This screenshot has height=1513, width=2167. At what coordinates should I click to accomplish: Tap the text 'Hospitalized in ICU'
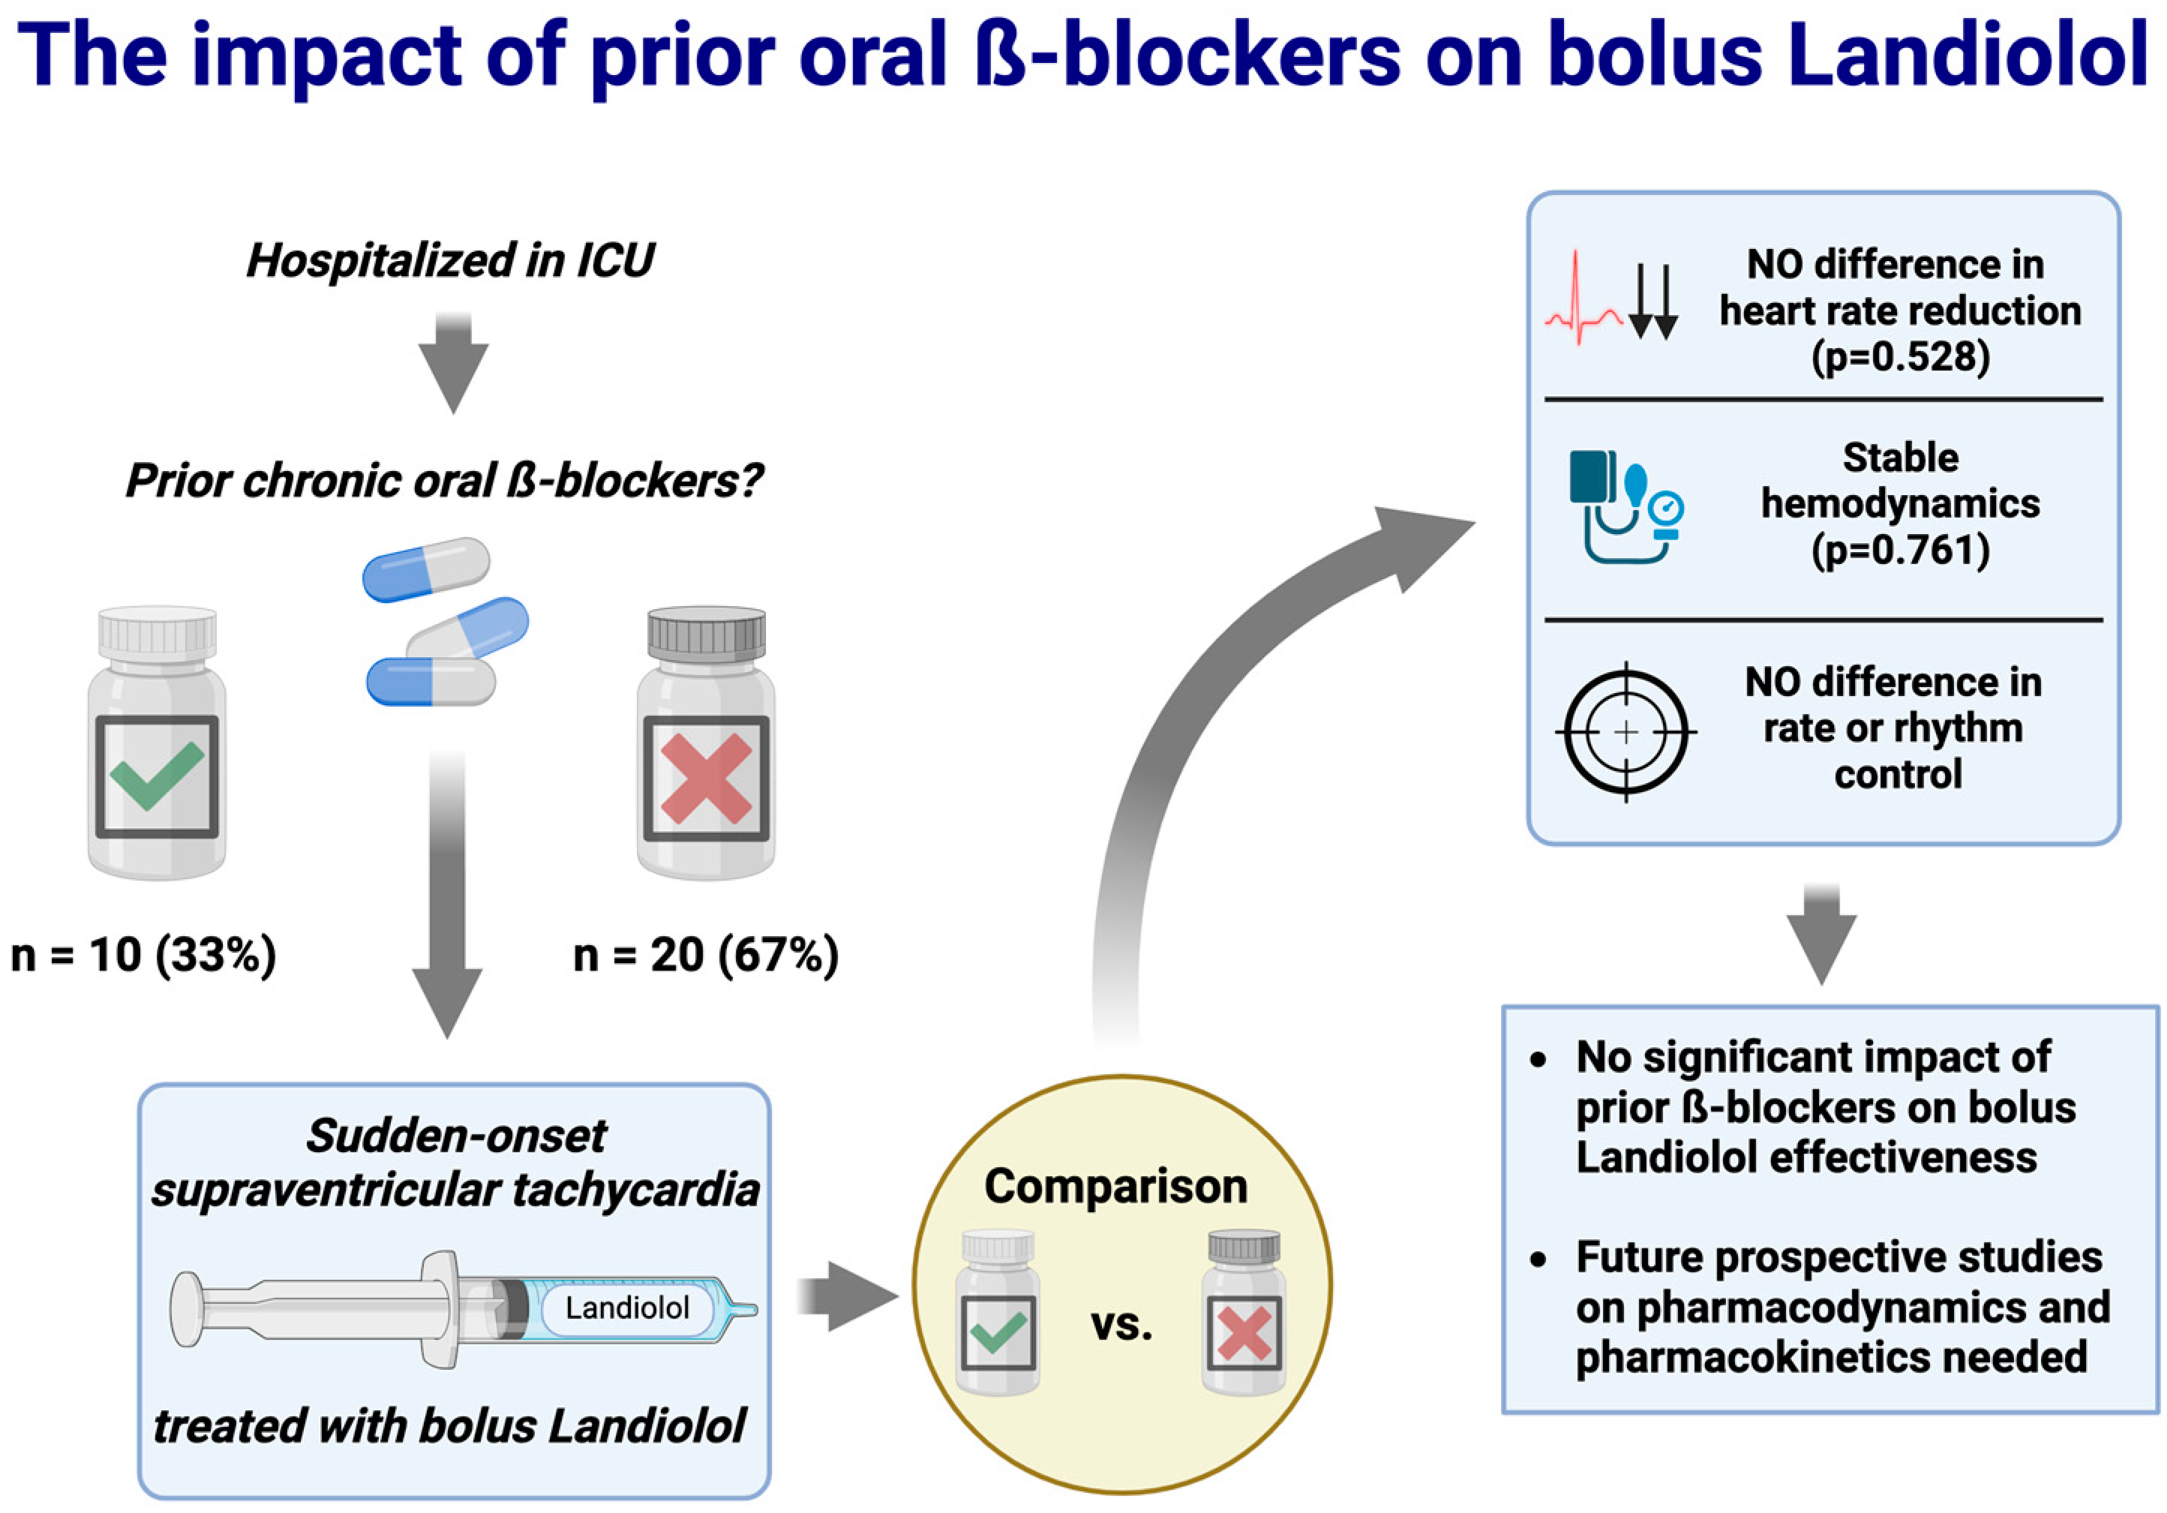pyautogui.click(x=450, y=260)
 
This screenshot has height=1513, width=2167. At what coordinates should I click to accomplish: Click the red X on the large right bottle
pyautogui.click(x=706, y=779)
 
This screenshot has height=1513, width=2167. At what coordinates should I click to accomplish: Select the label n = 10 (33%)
pyautogui.click(x=143, y=954)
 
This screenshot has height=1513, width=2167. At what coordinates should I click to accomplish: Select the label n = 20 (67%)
pyautogui.click(x=706, y=954)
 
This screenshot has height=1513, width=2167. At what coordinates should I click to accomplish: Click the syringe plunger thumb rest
pyautogui.click(x=185, y=1309)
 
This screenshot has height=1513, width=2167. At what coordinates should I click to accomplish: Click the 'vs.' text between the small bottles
pyautogui.click(x=1121, y=1325)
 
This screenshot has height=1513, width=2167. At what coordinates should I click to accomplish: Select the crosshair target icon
pyautogui.click(x=1625, y=732)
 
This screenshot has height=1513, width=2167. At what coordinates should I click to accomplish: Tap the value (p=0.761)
pyautogui.click(x=1900, y=549)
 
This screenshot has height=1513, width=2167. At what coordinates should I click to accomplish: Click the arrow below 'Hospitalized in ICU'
pyautogui.click(x=454, y=363)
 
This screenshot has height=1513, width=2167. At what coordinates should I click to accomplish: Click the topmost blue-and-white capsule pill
pyautogui.click(x=427, y=569)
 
